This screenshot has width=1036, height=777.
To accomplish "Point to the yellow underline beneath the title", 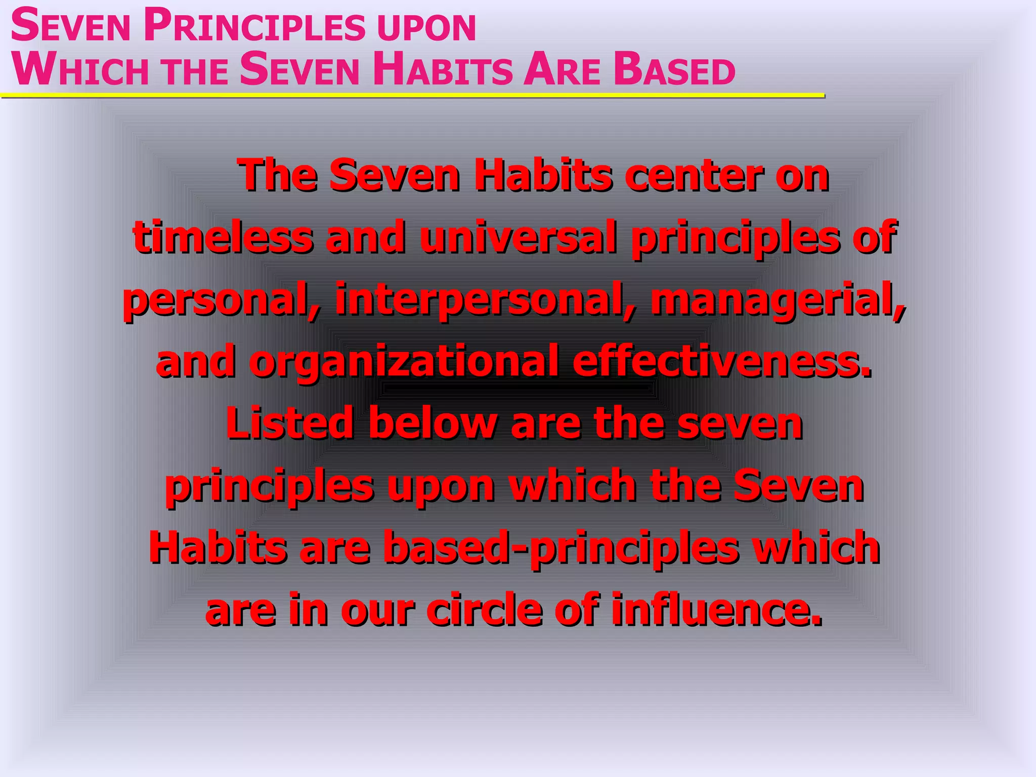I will [412, 95].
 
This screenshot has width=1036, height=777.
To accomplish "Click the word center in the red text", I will [693, 176].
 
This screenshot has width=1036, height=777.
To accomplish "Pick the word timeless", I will [223, 237].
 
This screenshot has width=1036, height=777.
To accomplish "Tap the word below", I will [433, 423].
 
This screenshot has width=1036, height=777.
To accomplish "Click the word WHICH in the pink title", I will [81, 70].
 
